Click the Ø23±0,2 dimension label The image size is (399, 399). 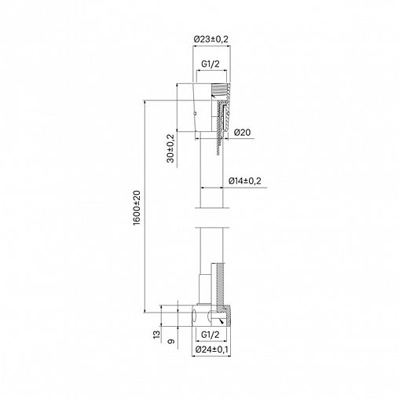[x=211, y=39]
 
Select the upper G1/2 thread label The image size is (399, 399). [x=210, y=64]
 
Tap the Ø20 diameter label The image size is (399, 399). [x=242, y=133]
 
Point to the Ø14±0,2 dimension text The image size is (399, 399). [x=245, y=181]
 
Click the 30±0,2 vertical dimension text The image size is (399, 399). [x=170, y=148]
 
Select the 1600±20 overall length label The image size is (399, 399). [x=137, y=208]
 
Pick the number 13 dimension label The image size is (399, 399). [x=156, y=335]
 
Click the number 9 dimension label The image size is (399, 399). [x=170, y=342]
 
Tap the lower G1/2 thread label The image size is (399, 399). [x=210, y=335]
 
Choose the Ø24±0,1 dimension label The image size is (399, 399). [x=211, y=350]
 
